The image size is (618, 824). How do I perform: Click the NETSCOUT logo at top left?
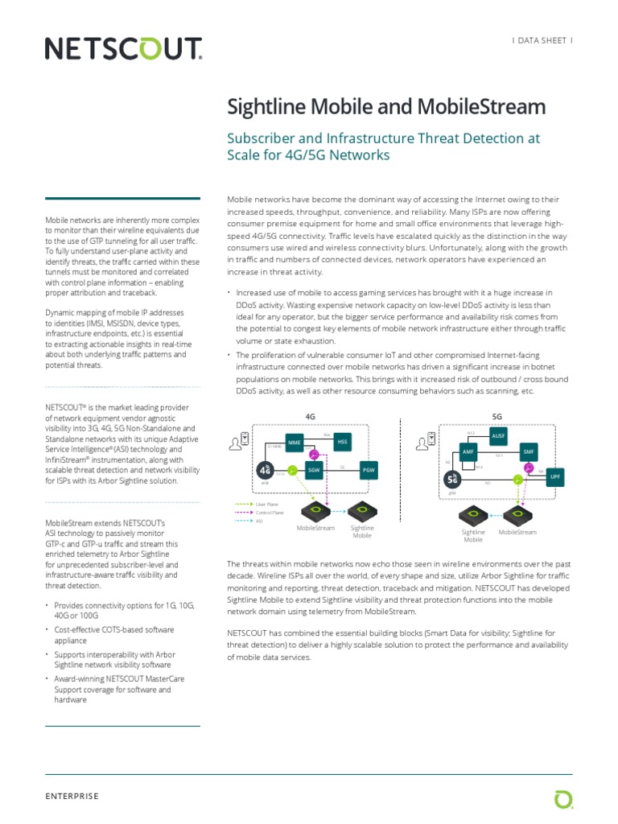(x=123, y=50)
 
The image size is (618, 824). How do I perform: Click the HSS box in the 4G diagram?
(x=342, y=442)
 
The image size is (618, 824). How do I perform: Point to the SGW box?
(x=314, y=469)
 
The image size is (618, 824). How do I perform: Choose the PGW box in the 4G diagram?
(x=369, y=469)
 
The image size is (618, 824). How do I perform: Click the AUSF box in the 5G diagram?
(x=498, y=435)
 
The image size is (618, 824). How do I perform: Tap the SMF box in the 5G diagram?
(x=528, y=452)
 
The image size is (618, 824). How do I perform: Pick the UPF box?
(x=554, y=476)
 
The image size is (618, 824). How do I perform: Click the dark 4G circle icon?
(x=266, y=470)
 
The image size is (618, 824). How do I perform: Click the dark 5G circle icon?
(x=453, y=479)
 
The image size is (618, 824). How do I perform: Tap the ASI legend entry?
(x=259, y=521)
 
